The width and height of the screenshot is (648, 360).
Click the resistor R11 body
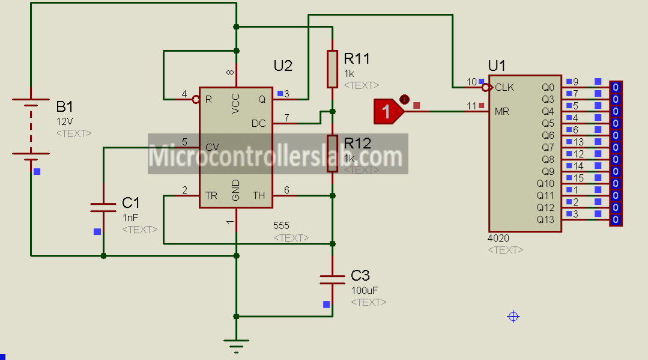(332, 69)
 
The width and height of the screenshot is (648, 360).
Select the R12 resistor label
(357, 144)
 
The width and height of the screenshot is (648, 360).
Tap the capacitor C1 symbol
(103, 207)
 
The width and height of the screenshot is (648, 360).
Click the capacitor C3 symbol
(332, 278)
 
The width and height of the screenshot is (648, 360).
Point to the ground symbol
(236, 344)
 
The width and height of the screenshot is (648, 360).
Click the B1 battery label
(65, 107)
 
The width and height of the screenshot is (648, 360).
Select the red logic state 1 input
(387, 111)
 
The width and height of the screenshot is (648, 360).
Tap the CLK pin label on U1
(504, 87)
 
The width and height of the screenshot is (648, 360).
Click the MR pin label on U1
(502, 111)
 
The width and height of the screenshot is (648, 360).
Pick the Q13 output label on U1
(545, 219)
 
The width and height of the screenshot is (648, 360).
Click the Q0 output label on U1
(548, 87)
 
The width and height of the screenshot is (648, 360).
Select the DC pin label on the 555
(258, 123)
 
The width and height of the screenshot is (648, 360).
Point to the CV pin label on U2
(211, 147)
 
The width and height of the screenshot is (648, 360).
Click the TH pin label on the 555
(258, 195)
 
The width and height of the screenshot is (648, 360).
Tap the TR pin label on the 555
(211, 195)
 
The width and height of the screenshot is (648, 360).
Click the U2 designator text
(283, 65)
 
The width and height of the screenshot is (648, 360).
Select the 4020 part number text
(498, 239)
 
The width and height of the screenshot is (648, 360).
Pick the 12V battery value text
(63, 121)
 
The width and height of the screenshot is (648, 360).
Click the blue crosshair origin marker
(513, 316)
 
